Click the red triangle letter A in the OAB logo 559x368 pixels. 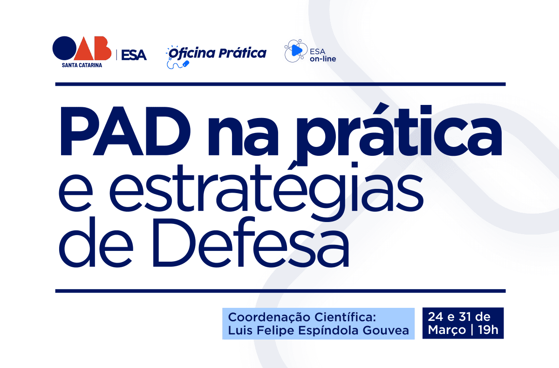(84, 50)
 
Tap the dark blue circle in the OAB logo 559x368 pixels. (64, 48)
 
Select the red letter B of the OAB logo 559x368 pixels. (102, 48)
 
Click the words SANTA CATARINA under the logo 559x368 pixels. (82, 65)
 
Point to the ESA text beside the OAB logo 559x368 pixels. (134, 55)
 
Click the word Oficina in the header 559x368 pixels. (192, 54)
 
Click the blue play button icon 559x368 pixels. (297, 50)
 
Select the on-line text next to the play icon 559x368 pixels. (323, 59)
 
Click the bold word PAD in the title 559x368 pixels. (125, 131)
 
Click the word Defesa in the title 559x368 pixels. (251, 242)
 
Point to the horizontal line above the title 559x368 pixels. (280, 84)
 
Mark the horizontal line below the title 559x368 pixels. (280, 291)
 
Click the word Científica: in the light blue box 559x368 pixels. (345, 317)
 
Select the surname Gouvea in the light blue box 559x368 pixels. (386, 330)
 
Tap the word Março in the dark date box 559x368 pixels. (447, 330)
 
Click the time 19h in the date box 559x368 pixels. (488, 330)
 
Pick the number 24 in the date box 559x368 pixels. (436, 317)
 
